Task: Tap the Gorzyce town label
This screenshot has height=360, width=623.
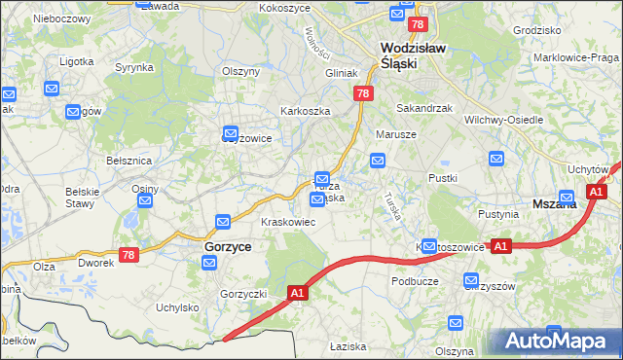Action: [228, 247]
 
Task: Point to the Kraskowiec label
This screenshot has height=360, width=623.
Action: [286, 222]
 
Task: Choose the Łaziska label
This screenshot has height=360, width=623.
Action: [347, 345]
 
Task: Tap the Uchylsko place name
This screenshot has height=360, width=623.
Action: [178, 307]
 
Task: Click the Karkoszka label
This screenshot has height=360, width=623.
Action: [305, 111]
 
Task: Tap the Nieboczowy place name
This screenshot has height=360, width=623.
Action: [61, 18]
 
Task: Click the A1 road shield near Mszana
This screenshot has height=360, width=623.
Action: [596, 193]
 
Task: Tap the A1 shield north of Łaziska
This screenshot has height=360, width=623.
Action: [299, 291]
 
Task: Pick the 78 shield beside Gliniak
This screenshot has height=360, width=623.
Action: [362, 93]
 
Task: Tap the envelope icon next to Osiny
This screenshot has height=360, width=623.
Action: [145, 202]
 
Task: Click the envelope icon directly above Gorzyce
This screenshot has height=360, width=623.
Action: [223, 223]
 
